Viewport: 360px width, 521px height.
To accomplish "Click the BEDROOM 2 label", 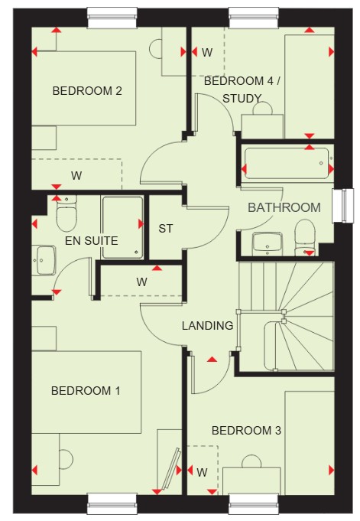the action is (87, 91).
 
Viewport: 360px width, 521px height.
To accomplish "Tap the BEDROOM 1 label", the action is (86, 391).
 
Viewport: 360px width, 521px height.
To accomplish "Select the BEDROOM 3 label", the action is (246, 431).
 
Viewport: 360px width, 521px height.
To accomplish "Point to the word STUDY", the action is (242, 99).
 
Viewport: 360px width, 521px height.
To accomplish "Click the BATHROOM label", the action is (284, 207).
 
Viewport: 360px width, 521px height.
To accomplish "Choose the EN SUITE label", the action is (92, 240).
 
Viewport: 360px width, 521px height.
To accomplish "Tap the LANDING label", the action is (208, 326).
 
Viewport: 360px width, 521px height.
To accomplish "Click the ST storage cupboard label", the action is (166, 229).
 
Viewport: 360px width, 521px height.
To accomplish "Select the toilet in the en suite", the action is (66, 213).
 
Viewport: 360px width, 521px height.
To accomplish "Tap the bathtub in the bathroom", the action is (287, 164).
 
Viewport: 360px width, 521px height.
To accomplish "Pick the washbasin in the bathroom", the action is (268, 244).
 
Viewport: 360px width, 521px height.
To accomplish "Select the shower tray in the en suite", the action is (122, 228).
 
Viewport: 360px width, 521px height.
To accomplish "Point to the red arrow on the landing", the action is (212, 359).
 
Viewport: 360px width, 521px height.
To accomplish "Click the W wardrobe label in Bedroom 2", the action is (76, 176).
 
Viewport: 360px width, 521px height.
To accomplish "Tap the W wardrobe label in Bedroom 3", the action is (202, 472).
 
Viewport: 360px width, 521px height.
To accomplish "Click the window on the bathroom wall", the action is (343, 206).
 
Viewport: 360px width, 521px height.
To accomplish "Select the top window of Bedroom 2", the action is (112, 18).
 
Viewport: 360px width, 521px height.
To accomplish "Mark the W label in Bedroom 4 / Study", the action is (207, 52).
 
